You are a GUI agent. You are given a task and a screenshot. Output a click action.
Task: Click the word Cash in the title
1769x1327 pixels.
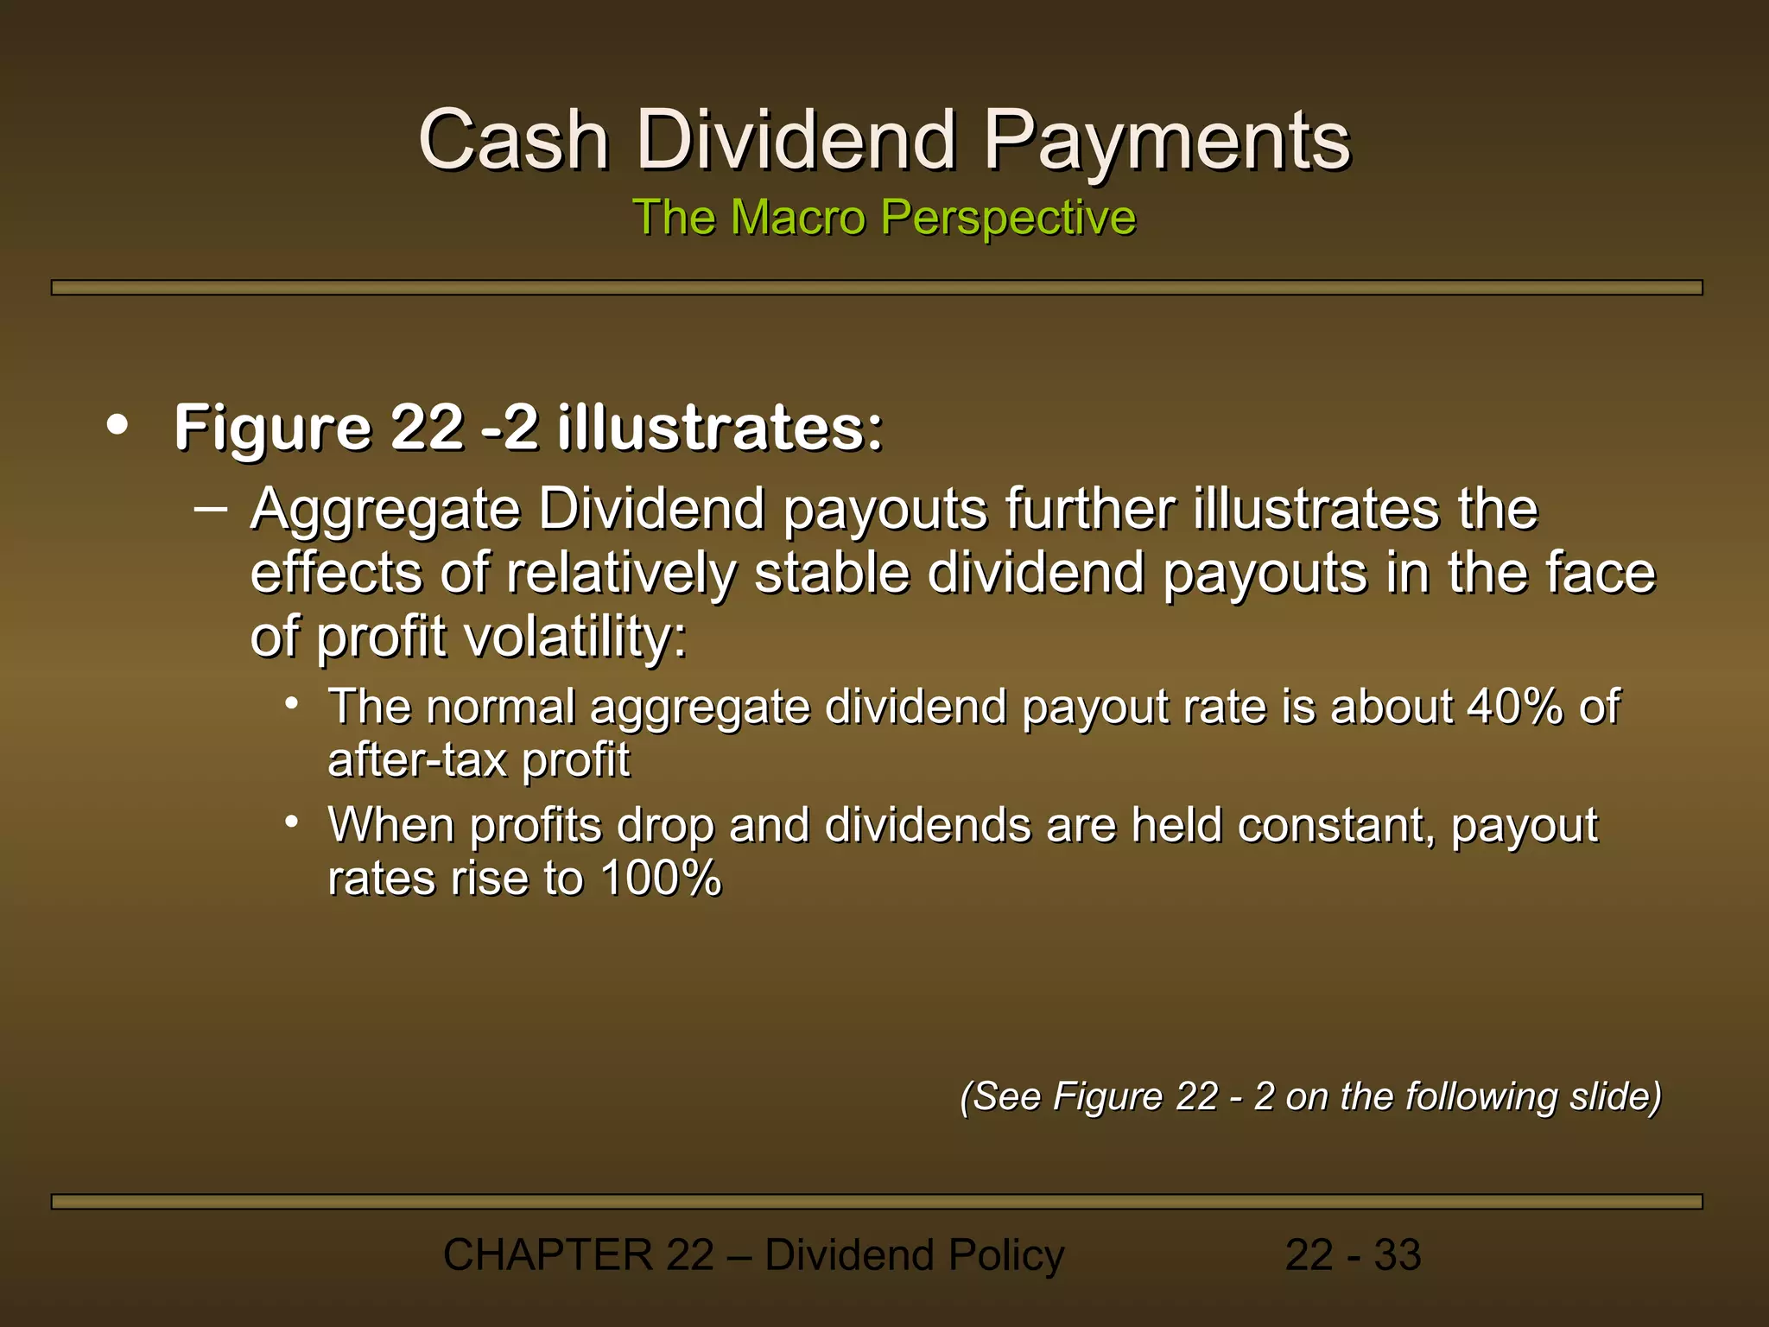(x=514, y=140)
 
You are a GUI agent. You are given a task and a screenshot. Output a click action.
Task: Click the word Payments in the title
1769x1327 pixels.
(x=1167, y=140)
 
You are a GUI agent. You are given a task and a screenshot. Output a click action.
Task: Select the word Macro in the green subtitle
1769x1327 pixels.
(x=797, y=217)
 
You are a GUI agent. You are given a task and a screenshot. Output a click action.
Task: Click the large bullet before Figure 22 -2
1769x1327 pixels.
(x=117, y=425)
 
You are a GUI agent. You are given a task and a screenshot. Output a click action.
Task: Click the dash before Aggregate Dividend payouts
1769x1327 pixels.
(x=211, y=508)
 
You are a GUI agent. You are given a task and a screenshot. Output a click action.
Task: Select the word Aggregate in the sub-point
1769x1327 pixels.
(x=385, y=510)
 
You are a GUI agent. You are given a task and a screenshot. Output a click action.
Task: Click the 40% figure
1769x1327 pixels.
(x=1514, y=707)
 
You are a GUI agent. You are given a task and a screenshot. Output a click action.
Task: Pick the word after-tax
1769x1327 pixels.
(x=417, y=760)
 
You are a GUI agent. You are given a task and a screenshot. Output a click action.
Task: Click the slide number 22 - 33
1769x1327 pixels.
(x=1353, y=1255)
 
